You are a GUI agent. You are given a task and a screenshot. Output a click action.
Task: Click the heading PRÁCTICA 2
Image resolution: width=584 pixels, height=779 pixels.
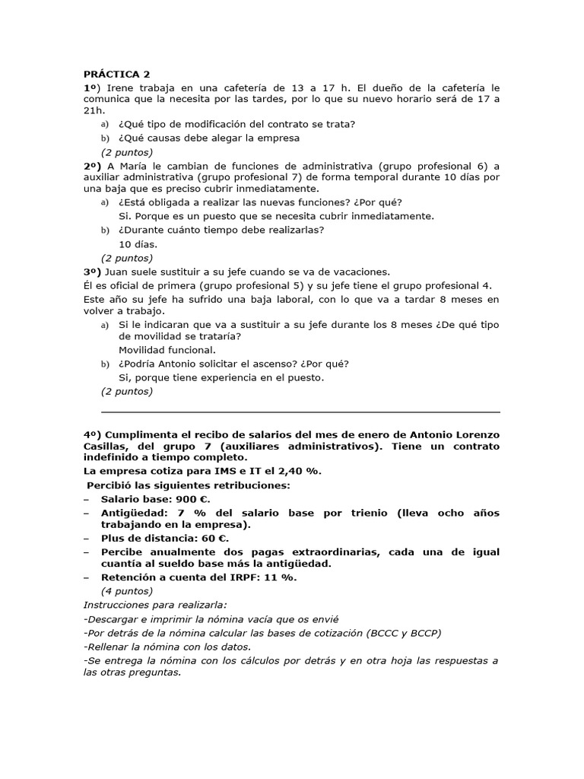point(117,74)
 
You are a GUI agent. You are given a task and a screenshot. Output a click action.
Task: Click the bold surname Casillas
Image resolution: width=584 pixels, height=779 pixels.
point(105,446)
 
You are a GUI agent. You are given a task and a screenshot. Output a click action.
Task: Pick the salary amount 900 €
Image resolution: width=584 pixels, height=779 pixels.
point(193,499)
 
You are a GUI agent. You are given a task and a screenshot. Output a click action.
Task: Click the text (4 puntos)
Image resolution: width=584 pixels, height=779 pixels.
point(127,591)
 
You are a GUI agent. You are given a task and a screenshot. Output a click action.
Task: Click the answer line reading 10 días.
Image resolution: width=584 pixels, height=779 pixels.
point(138,244)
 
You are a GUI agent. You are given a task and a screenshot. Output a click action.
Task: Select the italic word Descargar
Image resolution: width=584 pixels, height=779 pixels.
point(114,619)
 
